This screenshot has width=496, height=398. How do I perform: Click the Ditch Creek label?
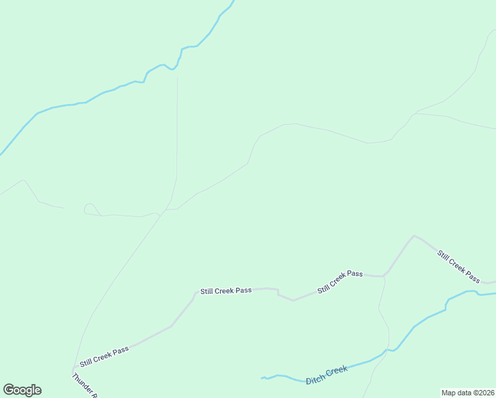pos(327,373)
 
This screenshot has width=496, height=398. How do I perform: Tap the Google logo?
pos(22,390)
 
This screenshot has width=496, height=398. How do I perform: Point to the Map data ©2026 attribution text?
pos(467,393)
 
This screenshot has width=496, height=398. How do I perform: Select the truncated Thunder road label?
pos(86,385)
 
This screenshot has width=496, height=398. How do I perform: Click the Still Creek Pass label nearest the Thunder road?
pos(104,356)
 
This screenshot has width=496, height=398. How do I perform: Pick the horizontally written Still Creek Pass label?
pos(226,291)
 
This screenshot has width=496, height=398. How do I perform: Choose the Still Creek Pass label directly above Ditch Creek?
pos(340,281)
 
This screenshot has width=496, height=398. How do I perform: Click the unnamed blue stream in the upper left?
pos(99,95)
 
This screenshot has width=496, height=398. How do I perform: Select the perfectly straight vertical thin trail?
pos(177,126)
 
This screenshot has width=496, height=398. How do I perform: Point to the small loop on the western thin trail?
pos(88,208)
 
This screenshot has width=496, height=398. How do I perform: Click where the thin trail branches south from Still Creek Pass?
pos(384,276)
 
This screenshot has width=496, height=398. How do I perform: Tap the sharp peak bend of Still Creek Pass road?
pos(414,235)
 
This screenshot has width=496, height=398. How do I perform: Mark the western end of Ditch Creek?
pos(262,378)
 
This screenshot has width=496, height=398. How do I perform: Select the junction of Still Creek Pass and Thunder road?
pos(73,369)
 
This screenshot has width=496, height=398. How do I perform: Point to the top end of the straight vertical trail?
pos(177,78)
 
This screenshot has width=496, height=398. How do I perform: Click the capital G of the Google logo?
pos(9,390)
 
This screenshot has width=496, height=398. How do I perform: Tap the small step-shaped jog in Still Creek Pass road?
pos(277,293)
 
